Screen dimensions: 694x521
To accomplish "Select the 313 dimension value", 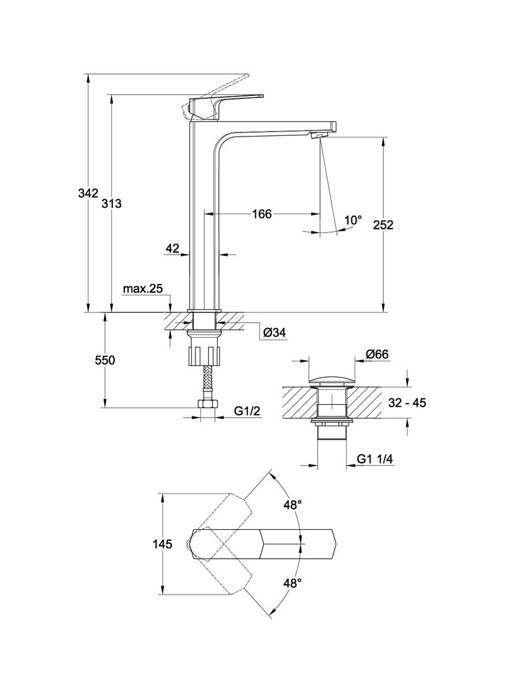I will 112,204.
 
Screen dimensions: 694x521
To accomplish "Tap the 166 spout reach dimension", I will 261,214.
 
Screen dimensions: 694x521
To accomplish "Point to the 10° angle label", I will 353,220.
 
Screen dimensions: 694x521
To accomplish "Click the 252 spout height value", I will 383,225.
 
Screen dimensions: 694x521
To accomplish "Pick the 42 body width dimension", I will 172,248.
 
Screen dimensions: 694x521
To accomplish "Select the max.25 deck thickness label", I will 142,289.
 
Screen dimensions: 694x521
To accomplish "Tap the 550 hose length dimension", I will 105,360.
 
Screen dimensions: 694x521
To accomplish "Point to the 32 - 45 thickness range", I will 408,403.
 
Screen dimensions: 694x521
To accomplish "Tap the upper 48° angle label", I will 292,505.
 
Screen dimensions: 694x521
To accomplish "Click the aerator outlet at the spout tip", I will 318,135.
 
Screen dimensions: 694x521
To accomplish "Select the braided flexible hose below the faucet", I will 206,383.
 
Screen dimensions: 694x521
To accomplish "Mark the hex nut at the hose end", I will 206,405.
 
